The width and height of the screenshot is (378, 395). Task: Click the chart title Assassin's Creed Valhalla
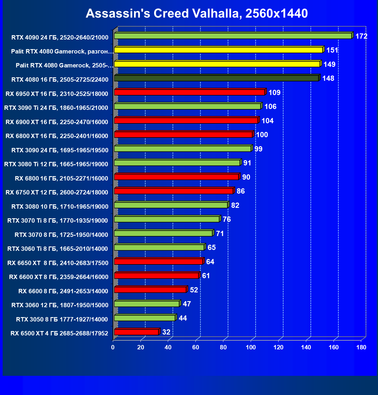pyautogui.click(x=197, y=13)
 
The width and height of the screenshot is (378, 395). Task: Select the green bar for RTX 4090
pyautogui.click(x=233, y=36)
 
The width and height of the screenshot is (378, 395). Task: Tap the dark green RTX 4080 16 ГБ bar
pyautogui.click(x=216, y=78)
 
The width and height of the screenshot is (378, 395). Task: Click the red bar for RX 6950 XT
pyautogui.click(x=189, y=92)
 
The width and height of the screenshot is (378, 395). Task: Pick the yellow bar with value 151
pyautogui.click(x=218, y=50)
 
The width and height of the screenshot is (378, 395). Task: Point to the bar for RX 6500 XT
pyautogui.click(x=136, y=332)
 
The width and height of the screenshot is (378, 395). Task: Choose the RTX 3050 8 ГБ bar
pyautogui.click(x=145, y=318)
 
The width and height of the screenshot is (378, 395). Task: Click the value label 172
pyautogui.click(x=361, y=36)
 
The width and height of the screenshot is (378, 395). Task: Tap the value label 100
pyautogui.click(x=262, y=135)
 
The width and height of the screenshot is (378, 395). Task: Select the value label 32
pyautogui.click(x=166, y=332)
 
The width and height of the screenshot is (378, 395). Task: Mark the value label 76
pyautogui.click(x=227, y=219)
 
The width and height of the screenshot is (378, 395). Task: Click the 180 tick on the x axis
pyautogui.click(x=361, y=347)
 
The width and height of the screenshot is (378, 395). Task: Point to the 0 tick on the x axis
pyautogui.click(x=113, y=347)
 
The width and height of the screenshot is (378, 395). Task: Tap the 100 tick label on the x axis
pyautogui.click(x=251, y=347)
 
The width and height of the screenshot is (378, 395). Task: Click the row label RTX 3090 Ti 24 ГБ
pyautogui.click(x=56, y=108)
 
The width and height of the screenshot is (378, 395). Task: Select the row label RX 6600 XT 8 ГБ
pyautogui.click(x=58, y=277)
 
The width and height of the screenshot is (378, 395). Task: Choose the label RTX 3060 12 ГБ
pyautogui.click(x=60, y=305)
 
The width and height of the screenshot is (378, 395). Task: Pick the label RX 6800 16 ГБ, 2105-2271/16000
pyautogui.click(x=61, y=178)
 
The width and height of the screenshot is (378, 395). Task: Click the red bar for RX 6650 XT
pyautogui.click(x=158, y=262)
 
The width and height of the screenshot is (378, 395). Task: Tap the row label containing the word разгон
pyautogui.click(x=62, y=51)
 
